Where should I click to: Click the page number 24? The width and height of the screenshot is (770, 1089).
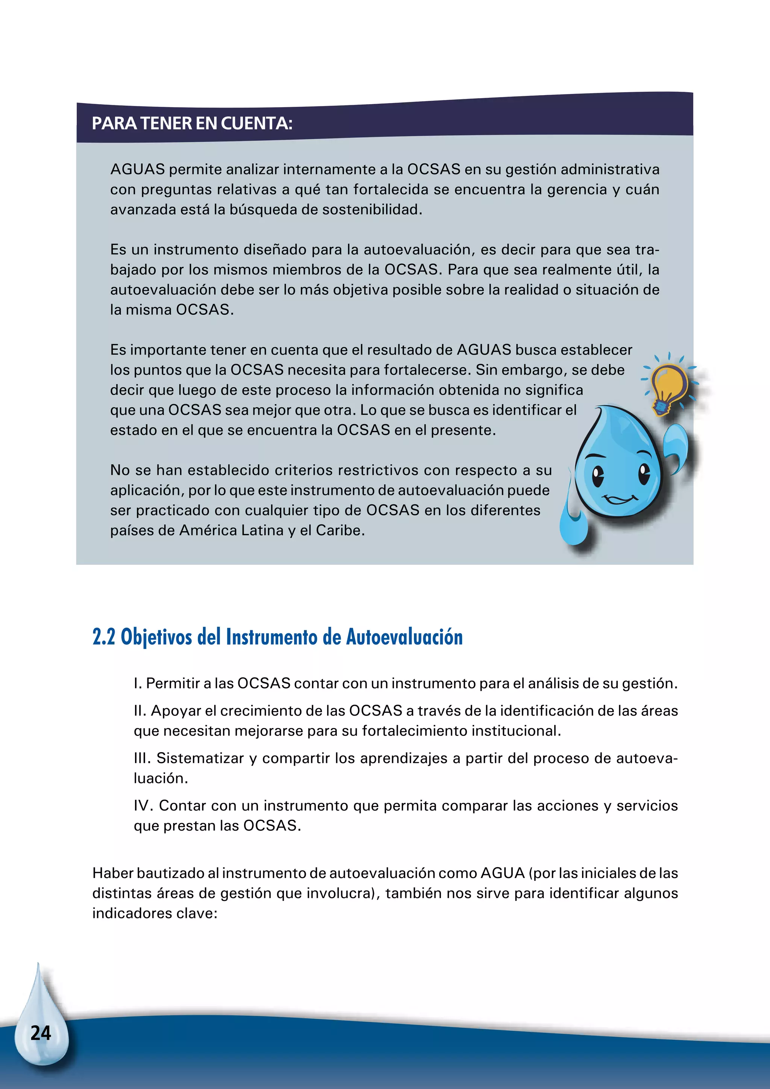pyautogui.click(x=41, y=1033)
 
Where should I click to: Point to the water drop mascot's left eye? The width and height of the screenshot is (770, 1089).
pyautogui.click(x=598, y=476)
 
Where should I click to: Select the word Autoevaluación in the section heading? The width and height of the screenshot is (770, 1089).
pyautogui.click(x=405, y=637)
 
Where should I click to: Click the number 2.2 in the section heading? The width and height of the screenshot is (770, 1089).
pyautogui.click(x=104, y=637)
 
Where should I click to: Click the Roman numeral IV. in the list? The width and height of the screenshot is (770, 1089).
pyautogui.click(x=144, y=805)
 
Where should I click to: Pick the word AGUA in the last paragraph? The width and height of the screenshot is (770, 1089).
pyautogui.click(x=502, y=873)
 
